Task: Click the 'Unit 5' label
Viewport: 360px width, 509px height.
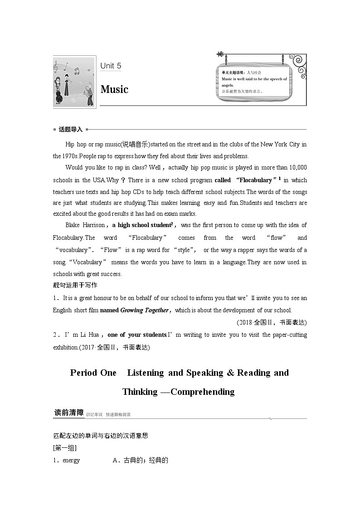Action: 111,66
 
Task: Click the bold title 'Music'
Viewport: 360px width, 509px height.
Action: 114,89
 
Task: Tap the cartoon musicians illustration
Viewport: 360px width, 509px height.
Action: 74,82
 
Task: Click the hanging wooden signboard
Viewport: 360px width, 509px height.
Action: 254,82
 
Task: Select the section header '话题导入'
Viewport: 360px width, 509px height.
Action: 70,130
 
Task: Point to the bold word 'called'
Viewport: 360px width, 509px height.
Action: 222,180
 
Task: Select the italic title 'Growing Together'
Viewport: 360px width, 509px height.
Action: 144,310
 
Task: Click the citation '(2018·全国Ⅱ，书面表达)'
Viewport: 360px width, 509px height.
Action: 272,322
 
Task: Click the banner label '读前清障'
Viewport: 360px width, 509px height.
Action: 69,413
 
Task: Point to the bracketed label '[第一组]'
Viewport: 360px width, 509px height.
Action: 65,448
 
